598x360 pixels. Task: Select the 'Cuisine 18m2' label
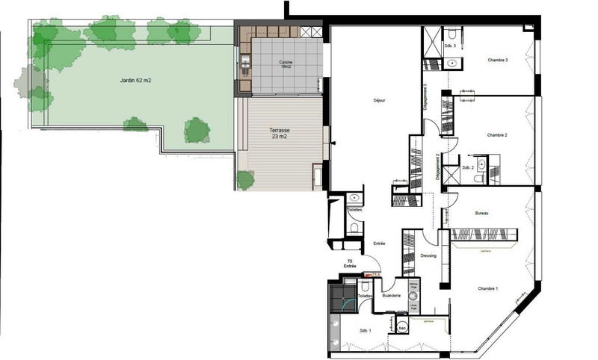click(284, 63)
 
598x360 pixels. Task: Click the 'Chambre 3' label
click(498, 60)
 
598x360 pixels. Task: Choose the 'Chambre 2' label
click(497, 134)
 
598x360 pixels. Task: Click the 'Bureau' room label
click(482, 214)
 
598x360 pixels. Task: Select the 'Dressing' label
click(428, 255)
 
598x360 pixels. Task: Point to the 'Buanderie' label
click(392, 297)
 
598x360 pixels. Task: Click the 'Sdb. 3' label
click(449, 46)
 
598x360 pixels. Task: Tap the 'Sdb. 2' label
click(468, 167)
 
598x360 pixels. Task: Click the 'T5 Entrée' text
click(350, 264)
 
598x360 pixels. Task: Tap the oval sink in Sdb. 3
click(451, 63)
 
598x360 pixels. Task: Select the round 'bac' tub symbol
click(402, 326)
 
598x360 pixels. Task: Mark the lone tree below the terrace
click(244, 179)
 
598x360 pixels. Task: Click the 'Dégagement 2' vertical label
click(437, 166)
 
